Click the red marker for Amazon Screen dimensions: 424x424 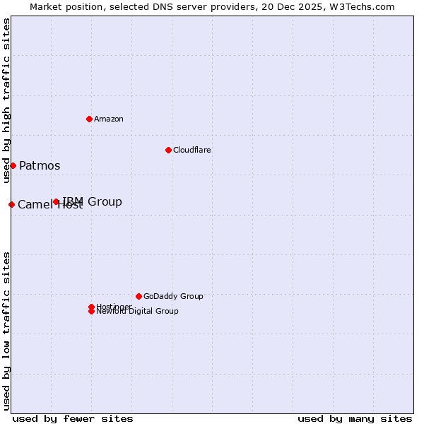point(89,119)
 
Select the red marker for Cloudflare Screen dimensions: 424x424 point(168,150)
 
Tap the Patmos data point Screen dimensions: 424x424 point(13,165)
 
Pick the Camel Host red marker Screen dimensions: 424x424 point(11,204)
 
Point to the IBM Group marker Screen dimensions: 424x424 point(57,202)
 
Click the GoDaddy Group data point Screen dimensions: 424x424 point(139,296)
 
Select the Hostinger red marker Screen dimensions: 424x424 point(91,307)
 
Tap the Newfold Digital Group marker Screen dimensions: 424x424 point(91,312)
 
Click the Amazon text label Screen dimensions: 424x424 point(109,119)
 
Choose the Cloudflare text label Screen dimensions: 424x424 point(192,150)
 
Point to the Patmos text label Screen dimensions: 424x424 point(40,166)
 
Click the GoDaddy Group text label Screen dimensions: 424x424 point(173,296)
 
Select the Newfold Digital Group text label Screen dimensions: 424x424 point(138,312)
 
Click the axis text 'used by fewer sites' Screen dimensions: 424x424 point(73,418)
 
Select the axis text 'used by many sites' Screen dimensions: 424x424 point(355,418)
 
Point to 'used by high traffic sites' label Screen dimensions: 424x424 point(6,100)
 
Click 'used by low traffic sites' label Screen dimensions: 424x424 point(6,330)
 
